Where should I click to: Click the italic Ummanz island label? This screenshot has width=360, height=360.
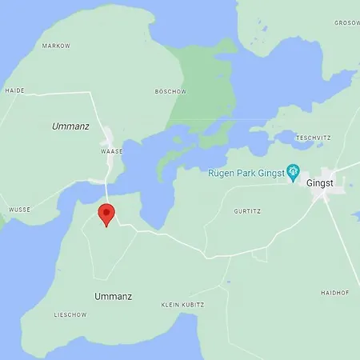(70, 126)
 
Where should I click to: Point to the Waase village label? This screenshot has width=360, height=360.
(110, 150)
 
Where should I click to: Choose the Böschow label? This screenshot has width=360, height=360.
(170, 91)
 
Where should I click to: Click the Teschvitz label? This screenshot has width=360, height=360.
(313, 138)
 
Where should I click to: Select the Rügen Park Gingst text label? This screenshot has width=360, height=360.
(246, 172)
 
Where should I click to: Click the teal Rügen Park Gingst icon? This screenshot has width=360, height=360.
(294, 171)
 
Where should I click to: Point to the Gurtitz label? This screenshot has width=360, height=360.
(247, 211)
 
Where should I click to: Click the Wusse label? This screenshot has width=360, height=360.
(19, 210)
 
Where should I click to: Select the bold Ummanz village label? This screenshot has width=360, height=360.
(113, 296)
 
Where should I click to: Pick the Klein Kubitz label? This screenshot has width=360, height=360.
(182, 305)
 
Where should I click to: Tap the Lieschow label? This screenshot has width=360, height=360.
(69, 314)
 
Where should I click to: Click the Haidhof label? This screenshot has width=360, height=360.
(334, 293)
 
